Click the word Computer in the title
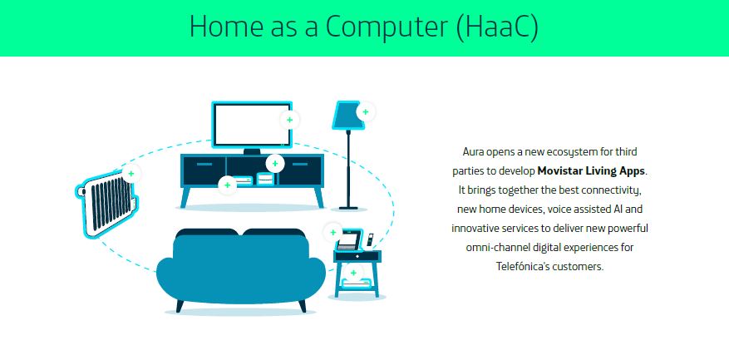(387, 26)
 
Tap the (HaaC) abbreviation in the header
(497, 27)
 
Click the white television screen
(250, 125)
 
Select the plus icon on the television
(289, 120)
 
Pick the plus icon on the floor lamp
(366, 111)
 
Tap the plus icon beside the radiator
(131, 174)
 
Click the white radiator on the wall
(106, 204)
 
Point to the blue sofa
(240, 269)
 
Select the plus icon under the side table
(353, 273)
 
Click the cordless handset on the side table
(370, 239)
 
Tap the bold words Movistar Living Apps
(591, 170)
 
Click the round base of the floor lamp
(348, 208)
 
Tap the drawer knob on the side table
(357, 256)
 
